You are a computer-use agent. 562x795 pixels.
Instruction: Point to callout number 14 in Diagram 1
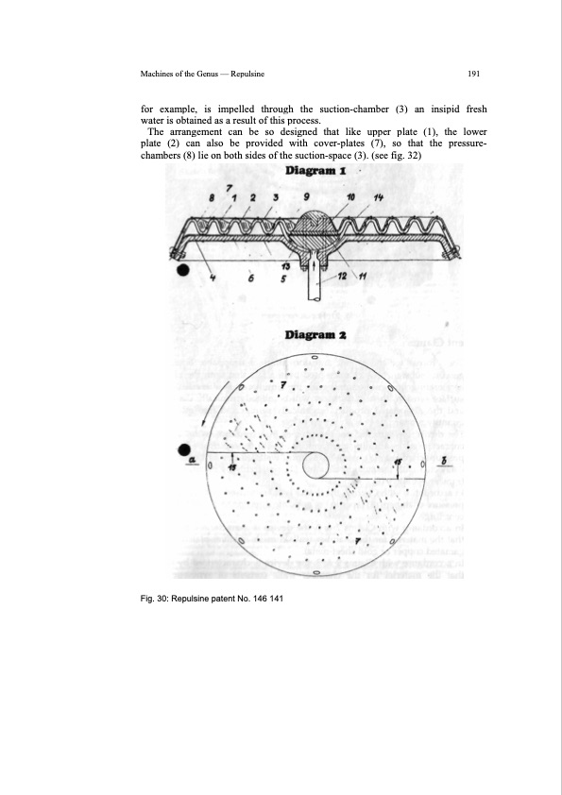tap(377, 196)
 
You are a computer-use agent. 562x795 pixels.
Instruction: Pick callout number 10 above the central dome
tap(352, 196)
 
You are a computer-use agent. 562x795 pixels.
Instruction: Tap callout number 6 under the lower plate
tap(249, 278)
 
